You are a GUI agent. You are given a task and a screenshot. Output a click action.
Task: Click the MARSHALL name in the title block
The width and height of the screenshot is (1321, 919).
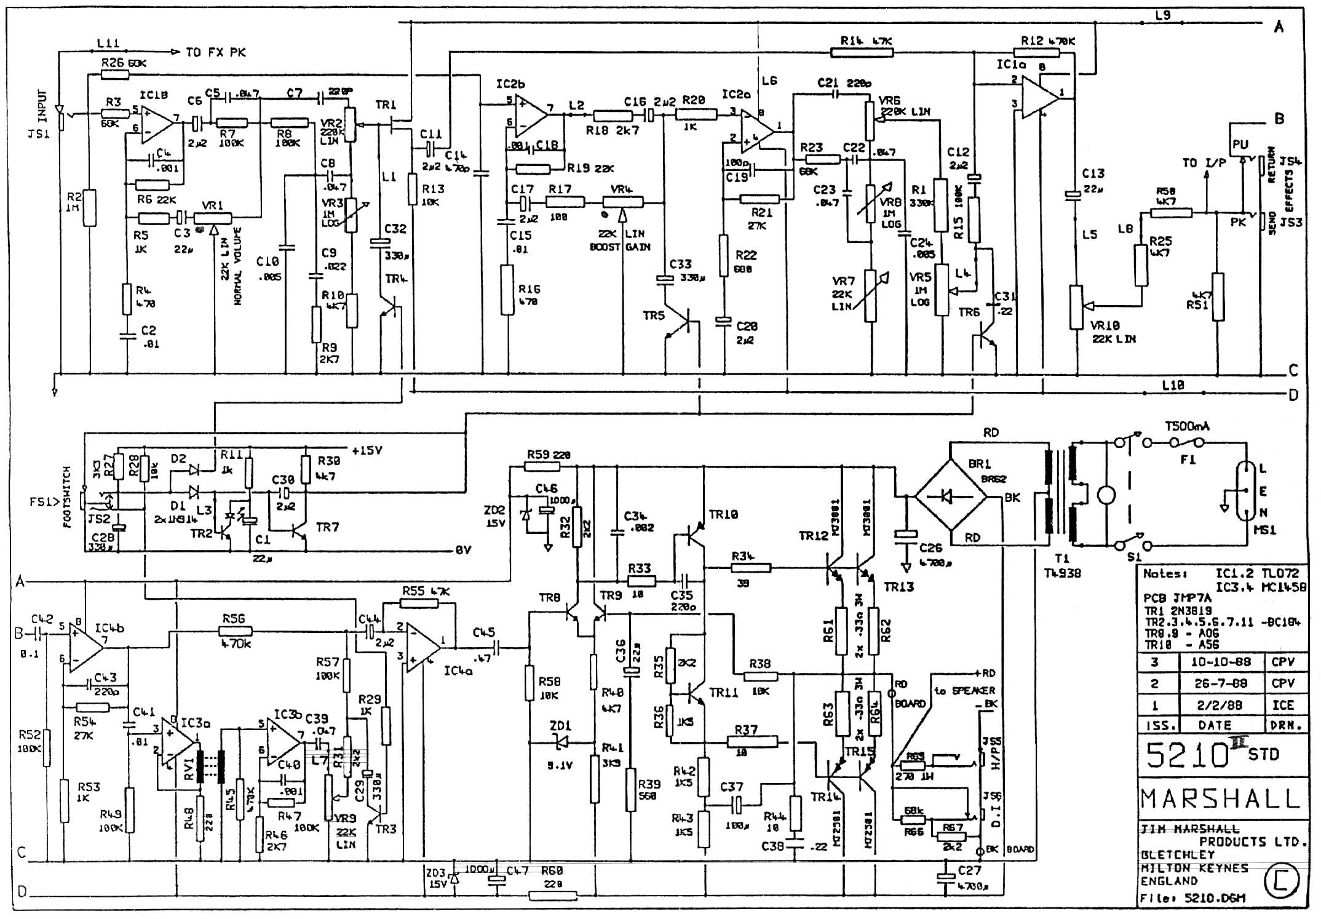[x=1221, y=798]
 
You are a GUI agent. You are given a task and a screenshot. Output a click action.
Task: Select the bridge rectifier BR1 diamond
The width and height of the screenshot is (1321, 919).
[x=950, y=495]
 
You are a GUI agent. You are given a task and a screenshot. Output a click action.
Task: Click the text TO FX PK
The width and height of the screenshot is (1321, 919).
[x=216, y=53]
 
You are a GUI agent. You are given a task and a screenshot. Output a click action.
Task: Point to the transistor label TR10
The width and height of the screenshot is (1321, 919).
[x=723, y=514]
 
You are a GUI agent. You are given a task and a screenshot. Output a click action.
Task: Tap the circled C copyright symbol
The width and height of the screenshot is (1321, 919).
[x=1282, y=881]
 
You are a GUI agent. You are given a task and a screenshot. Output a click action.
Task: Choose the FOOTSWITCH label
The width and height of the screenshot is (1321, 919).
[x=67, y=497]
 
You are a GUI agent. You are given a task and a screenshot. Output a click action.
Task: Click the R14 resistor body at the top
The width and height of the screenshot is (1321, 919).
[x=862, y=53]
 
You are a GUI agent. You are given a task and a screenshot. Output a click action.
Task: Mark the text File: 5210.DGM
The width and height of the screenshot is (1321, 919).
[x=1193, y=898]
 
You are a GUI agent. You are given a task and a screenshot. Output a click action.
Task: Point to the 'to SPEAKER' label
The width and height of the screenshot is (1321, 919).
[x=964, y=691]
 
